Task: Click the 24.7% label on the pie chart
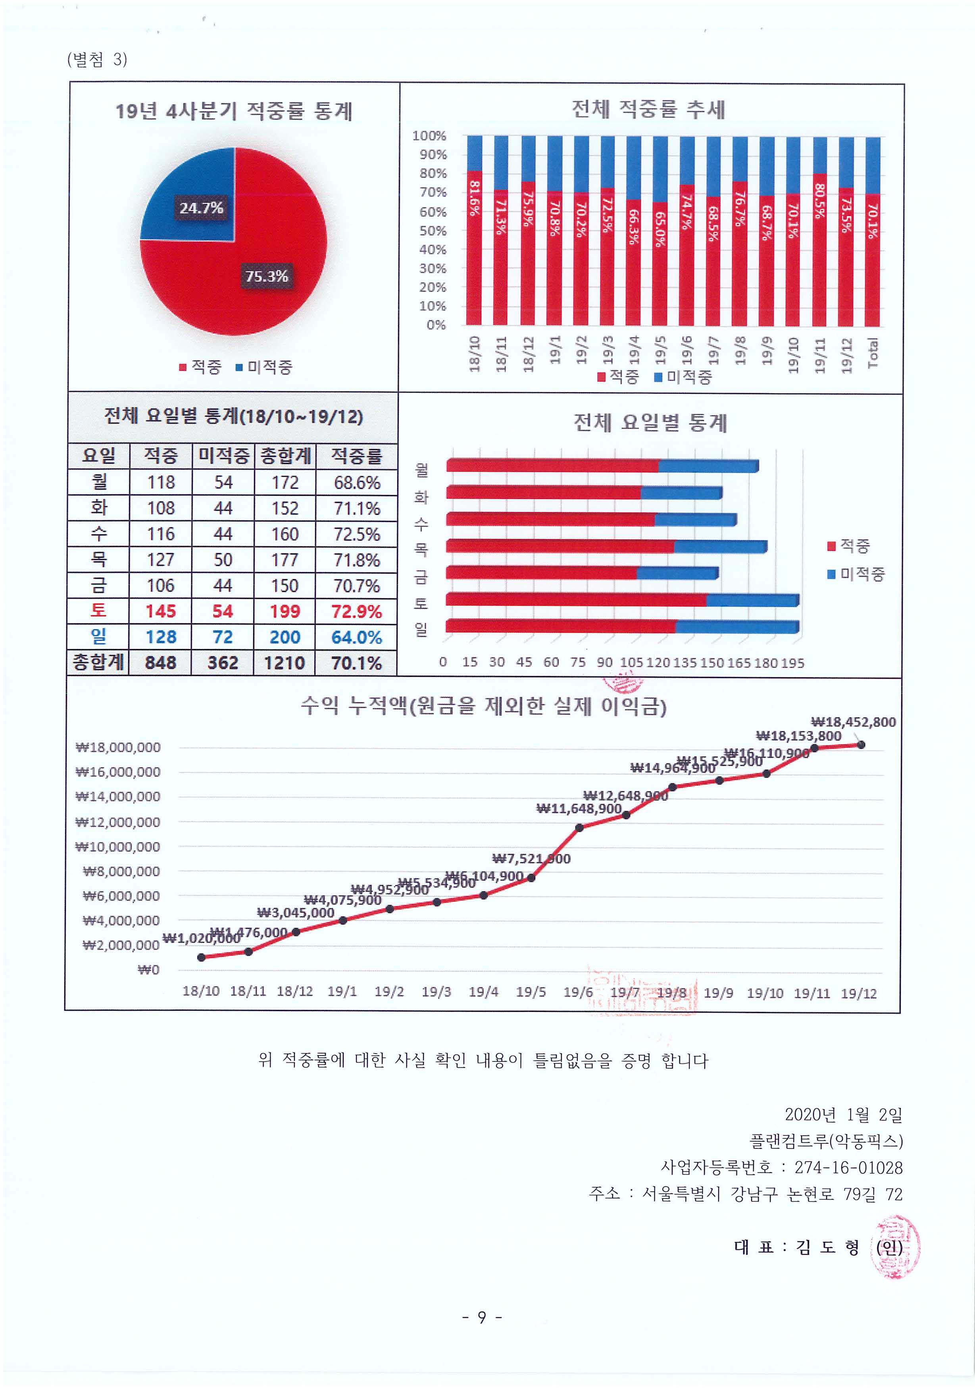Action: (201, 208)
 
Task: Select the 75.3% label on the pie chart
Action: (266, 276)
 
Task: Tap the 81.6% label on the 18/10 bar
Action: (474, 198)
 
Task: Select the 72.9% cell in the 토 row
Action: (356, 611)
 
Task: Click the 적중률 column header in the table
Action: (356, 456)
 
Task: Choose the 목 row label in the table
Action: (99, 559)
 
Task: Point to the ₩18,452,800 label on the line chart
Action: (853, 722)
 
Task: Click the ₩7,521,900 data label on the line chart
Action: (531, 859)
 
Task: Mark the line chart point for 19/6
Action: (579, 828)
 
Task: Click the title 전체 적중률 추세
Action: (648, 110)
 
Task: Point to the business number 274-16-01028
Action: (848, 1168)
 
